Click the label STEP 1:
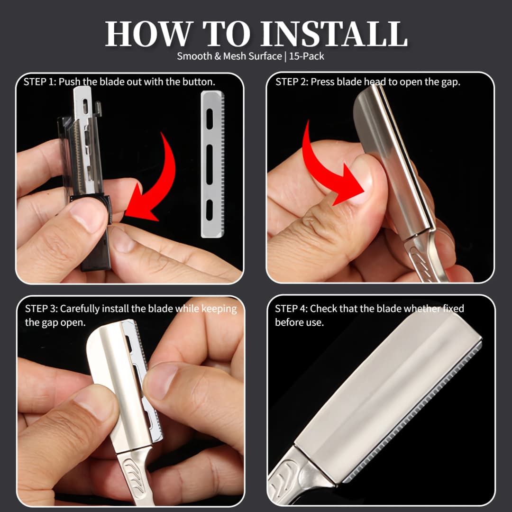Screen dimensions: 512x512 [40, 82]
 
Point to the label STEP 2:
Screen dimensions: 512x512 [292, 82]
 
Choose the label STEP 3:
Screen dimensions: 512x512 [41, 309]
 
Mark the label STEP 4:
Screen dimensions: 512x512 [291, 309]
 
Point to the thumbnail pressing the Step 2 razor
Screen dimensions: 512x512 [364, 178]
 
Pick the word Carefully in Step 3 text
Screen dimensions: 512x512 [82, 309]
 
